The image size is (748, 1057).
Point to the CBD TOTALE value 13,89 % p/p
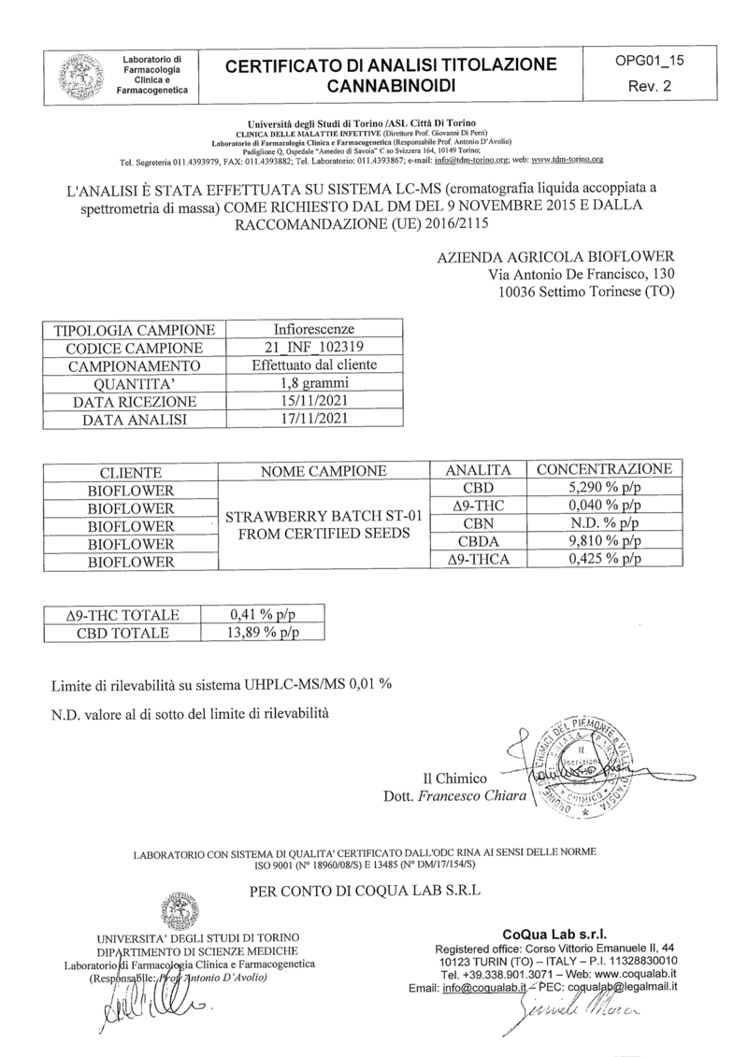[x=264, y=633]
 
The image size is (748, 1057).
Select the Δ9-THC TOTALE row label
[x=123, y=615]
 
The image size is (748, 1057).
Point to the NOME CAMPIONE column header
[x=324, y=470]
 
